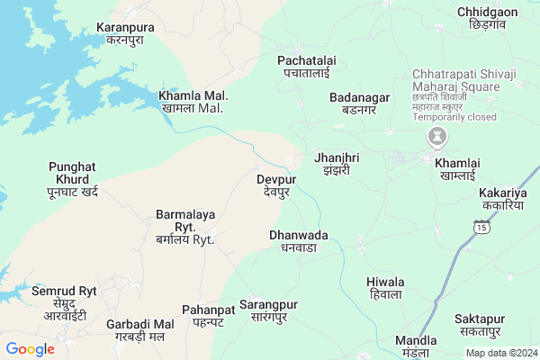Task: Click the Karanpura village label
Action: tap(125, 34)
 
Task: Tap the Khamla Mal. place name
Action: tap(193, 102)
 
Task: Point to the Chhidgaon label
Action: tap(487, 18)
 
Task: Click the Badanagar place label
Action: tap(359, 103)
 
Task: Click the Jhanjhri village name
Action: tap(337, 163)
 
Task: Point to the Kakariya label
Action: tap(503, 199)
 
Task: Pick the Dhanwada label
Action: tap(299, 241)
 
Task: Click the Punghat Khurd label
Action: tap(72, 179)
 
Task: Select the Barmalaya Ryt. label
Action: tap(184, 228)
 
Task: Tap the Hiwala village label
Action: tap(385, 288)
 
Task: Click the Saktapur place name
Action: tap(480, 325)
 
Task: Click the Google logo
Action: tap(30, 349)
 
